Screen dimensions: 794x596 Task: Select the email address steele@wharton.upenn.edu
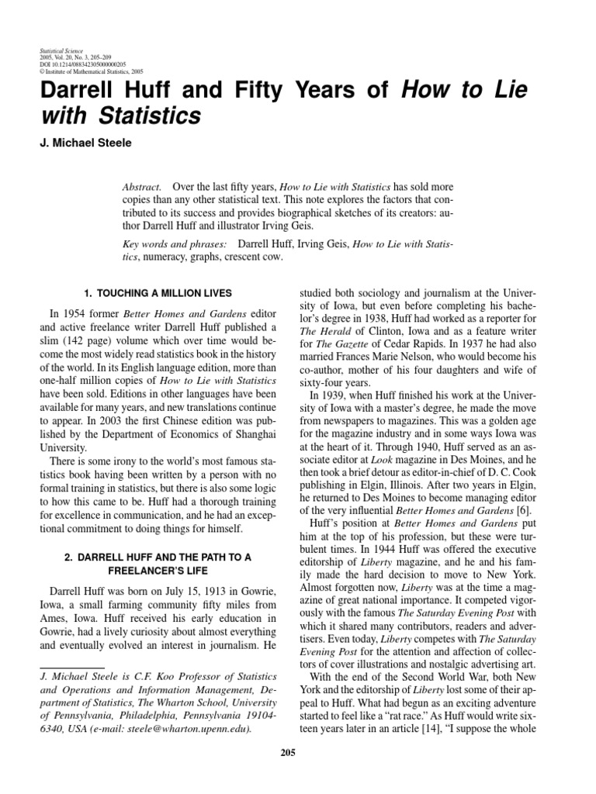coord(187,730)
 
